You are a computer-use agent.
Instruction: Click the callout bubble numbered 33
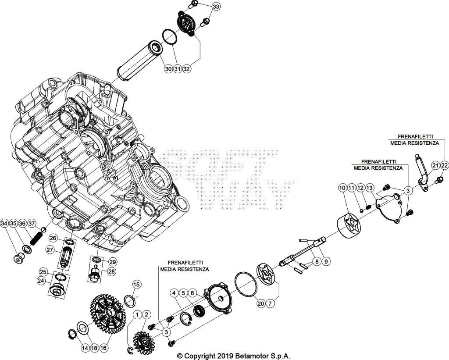point(216,7)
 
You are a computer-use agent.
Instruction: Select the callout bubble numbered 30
point(168,69)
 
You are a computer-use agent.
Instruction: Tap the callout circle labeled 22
point(445,165)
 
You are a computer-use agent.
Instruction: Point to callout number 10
point(342,188)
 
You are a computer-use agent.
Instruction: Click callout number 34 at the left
point(4,224)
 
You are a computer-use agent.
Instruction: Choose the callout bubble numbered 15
point(137,285)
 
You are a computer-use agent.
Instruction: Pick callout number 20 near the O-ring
point(260,303)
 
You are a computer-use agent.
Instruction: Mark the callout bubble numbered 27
point(51,250)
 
